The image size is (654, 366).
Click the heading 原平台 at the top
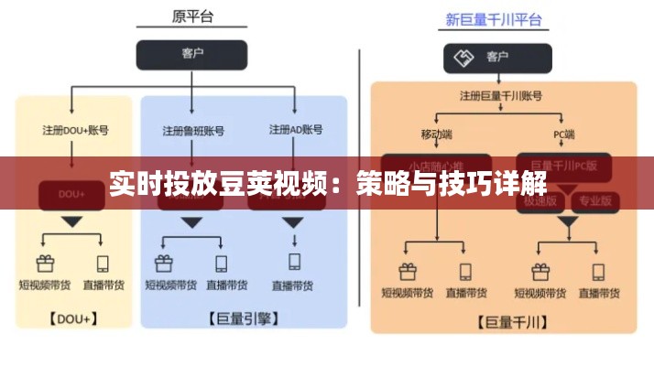[x=191, y=16]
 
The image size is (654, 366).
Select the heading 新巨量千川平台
[x=493, y=18]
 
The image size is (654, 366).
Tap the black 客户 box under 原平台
[x=191, y=54]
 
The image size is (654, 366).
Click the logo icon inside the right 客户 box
[x=463, y=57]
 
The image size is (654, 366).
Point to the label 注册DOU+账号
[x=75, y=130]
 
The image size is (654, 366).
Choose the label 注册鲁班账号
[x=192, y=130]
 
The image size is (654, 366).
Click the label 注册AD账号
[x=295, y=130]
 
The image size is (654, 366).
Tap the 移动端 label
[x=438, y=134]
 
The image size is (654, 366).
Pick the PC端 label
[x=563, y=134]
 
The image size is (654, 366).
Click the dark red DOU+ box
[x=71, y=194]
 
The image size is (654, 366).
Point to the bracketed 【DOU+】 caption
[x=72, y=319]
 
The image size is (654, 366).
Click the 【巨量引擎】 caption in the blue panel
[x=244, y=319]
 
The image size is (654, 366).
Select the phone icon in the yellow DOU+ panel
[x=103, y=264]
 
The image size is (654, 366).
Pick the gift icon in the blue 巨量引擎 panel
[x=164, y=264]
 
